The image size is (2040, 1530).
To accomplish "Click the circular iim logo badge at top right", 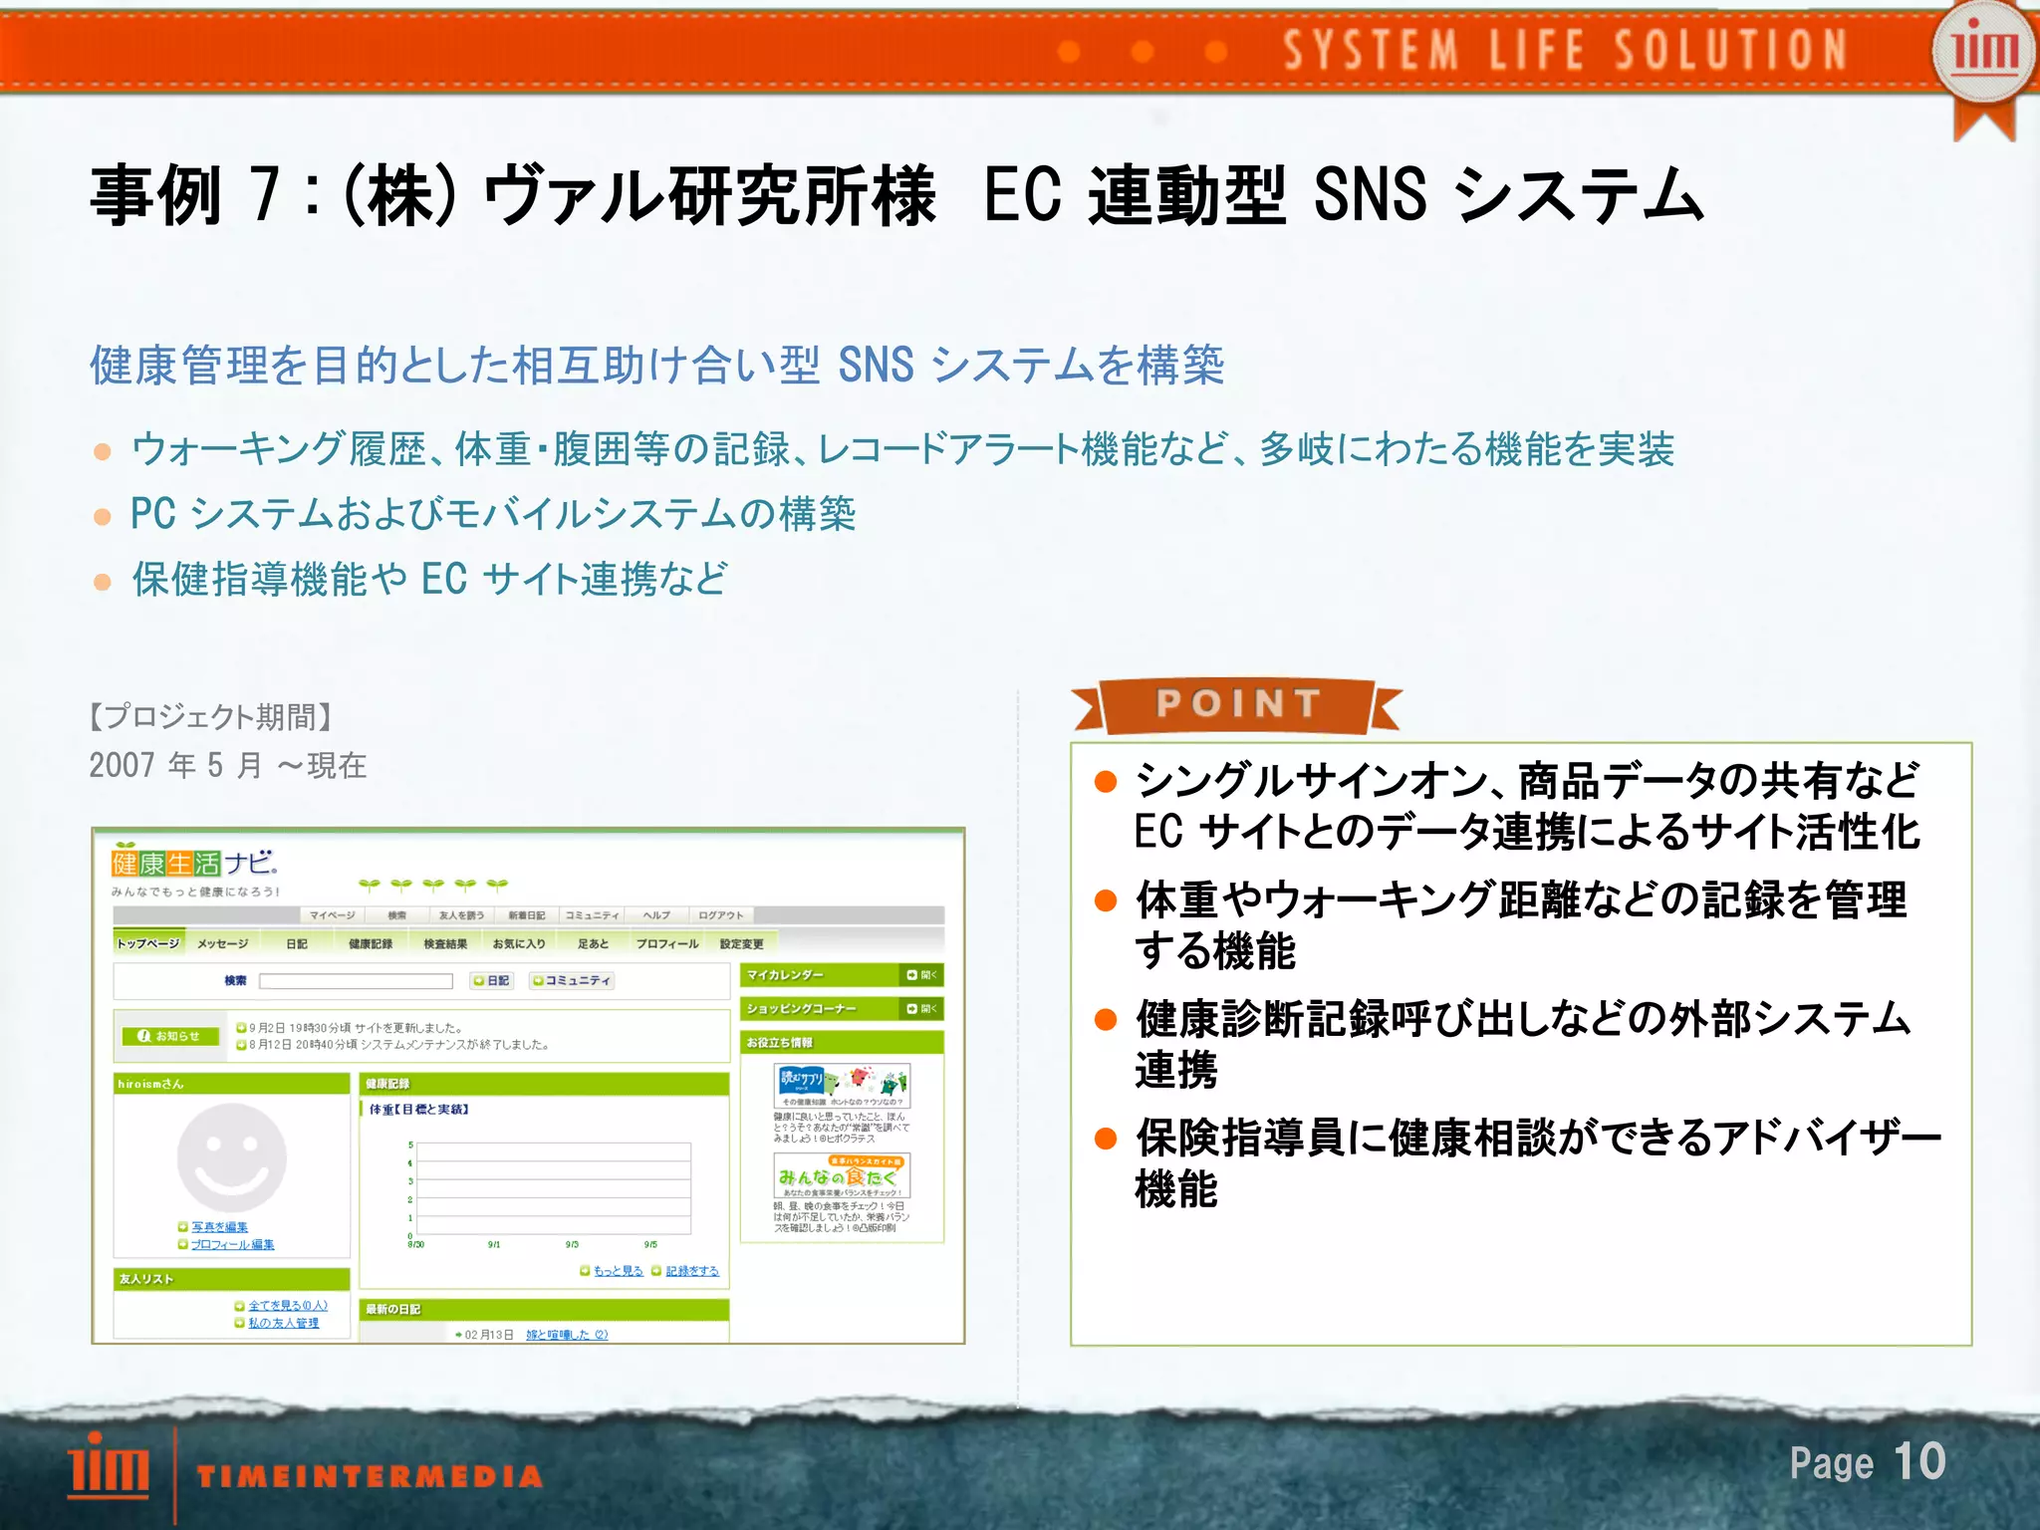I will (1983, 50).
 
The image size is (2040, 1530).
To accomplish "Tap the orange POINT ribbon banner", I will (1237, 705).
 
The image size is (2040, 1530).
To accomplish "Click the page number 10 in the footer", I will (1918, 1461).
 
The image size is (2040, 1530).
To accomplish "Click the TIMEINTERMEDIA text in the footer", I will (370, 1476).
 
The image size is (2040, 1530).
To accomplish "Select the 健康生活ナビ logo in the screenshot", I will (194, 863).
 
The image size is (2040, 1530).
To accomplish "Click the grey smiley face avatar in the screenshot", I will (231, 1157).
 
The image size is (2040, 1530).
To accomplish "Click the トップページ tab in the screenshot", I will (147, 943).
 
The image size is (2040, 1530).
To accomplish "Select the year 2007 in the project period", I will (122, 765).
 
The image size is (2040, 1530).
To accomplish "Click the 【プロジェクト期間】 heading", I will (210, 716).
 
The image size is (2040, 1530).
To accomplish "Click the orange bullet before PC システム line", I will (102, 517).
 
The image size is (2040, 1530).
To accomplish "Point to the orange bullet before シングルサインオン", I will (1105, 782).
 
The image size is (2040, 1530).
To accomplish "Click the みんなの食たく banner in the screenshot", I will (842, 1176).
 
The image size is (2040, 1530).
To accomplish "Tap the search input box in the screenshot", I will (356, 981).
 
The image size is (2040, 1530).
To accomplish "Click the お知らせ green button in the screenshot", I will (169, 1036).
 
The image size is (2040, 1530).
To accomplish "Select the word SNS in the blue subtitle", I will (876, 366).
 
